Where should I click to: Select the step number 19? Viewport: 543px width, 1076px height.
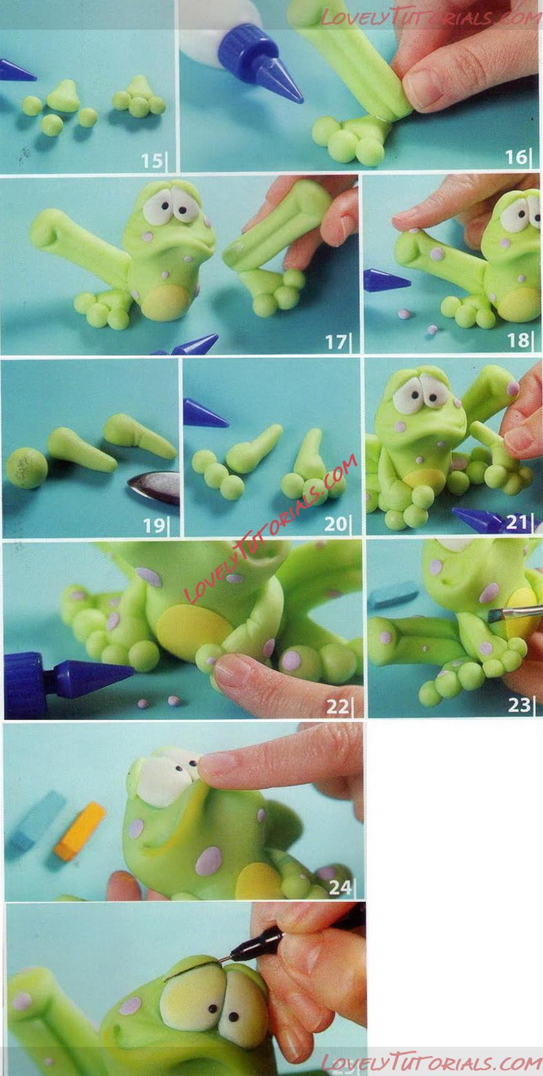(153, 525)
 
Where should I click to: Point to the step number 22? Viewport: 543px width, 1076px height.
(337, 707)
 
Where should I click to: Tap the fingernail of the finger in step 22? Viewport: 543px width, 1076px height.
(230, 670)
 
